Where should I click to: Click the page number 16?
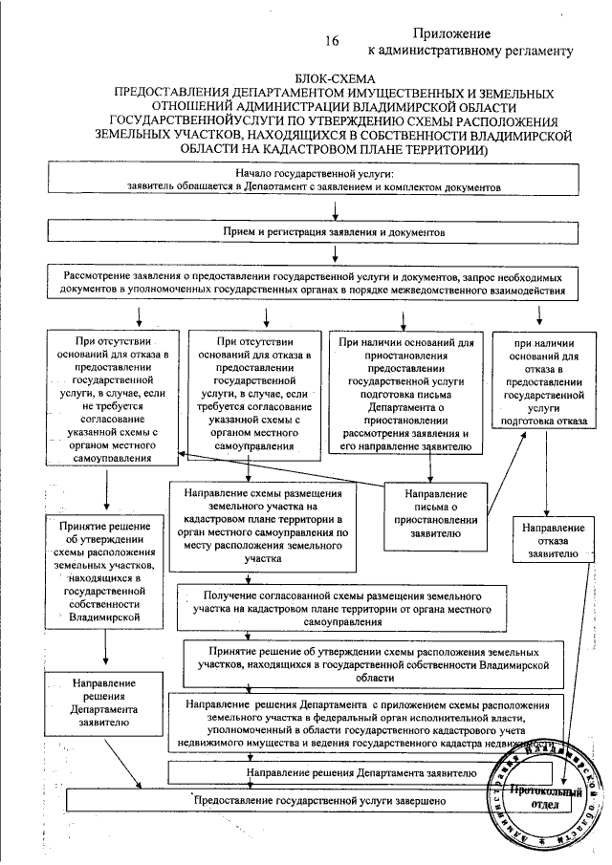[x=332, y=41]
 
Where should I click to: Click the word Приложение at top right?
[x=453, y=32]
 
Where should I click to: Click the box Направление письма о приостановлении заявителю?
[x=435, y=515]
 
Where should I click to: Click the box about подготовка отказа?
[x=542, y=378]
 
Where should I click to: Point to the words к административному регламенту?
[x=470, y=50]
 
